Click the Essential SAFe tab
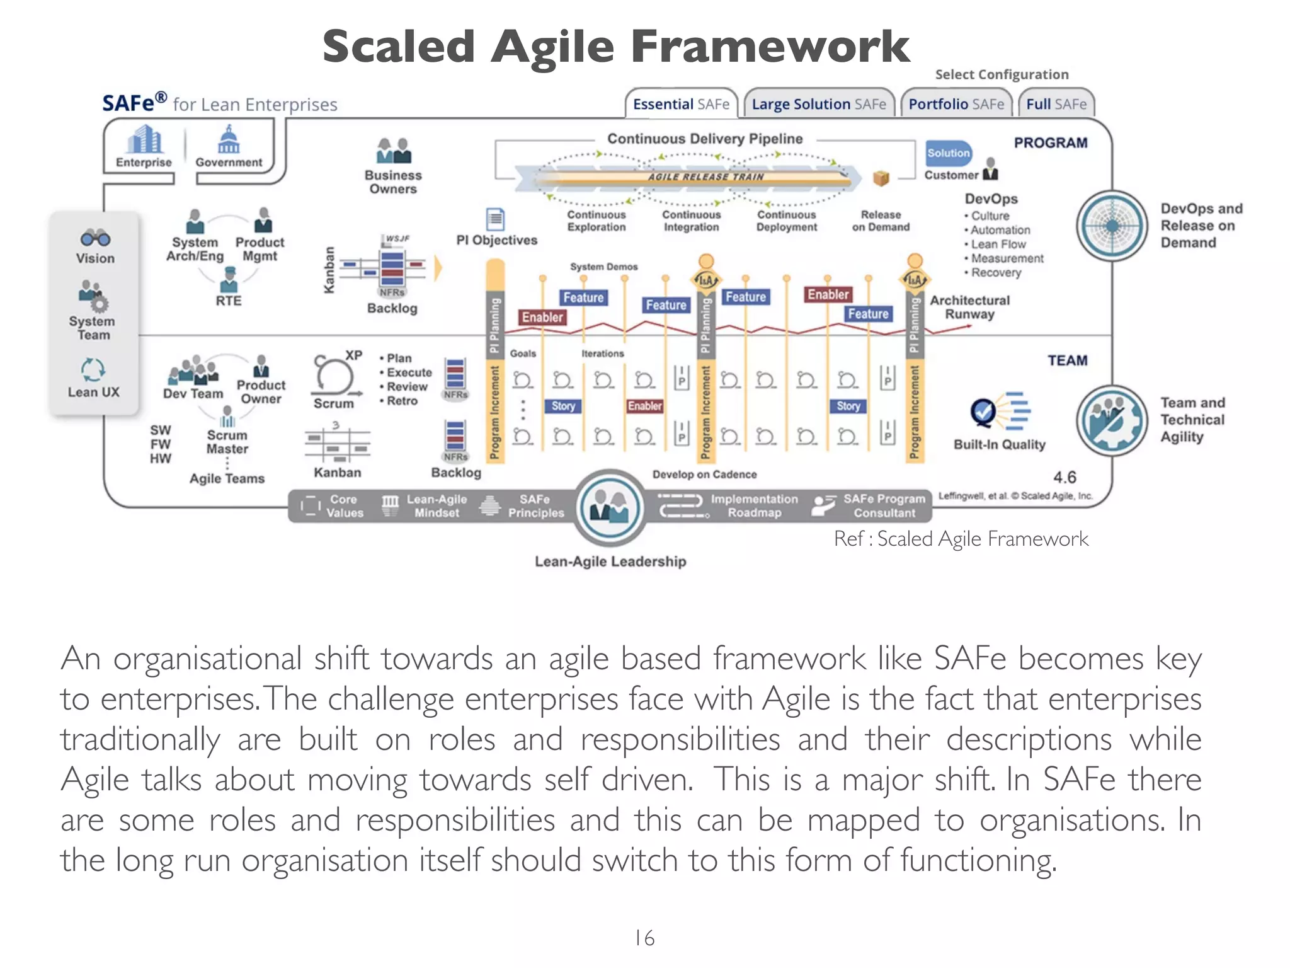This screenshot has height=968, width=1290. [x=681, y=104]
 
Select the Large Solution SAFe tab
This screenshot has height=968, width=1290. [x=818, y=104]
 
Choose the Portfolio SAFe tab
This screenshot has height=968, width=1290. [x=956, y=104]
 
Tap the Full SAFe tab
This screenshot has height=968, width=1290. [x=1056, y=104]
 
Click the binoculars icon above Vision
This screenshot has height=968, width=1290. [x=95, y=238]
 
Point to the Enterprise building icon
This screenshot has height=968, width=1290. [x=144, y=140]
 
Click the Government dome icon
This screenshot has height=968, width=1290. [x=228, y=140]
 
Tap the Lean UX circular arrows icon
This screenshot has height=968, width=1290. [x=93, y=370]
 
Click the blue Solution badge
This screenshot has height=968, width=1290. [x=949, y=153]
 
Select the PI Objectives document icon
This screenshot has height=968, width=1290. [x=496, y=219]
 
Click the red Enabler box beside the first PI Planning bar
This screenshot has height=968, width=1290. [x=542, y=317]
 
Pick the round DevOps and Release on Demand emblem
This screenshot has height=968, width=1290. [x=1112, y=226]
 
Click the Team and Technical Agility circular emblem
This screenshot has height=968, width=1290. [x=1112, y=420]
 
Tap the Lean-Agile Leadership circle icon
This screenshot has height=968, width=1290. [x=610, y=507]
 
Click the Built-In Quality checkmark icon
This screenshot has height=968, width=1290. [x=984, y=413]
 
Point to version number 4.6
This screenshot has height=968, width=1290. [x=1065, y=477]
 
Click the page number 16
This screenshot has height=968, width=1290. [x=644, y=938]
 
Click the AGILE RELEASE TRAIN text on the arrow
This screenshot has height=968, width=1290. [x=705, y=177]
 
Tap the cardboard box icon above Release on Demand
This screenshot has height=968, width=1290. [x=881, y=179]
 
